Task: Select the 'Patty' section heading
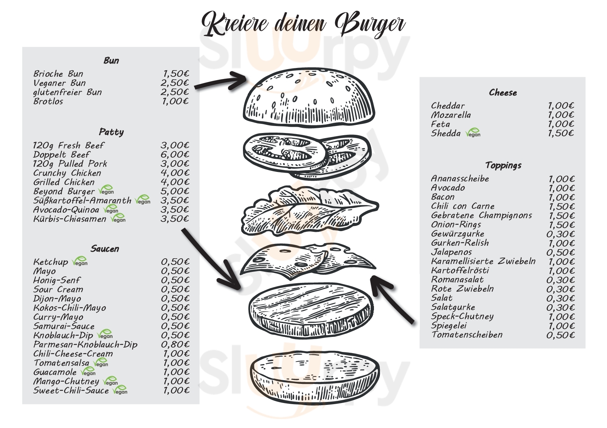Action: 111,132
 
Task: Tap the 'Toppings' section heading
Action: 503,165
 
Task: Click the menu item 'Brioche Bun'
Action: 58,74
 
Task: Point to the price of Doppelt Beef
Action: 175,155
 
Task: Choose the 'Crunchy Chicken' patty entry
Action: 67,173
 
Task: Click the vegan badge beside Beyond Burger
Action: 106,190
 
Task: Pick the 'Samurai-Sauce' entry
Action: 64,326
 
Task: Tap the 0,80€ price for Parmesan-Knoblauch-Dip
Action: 175,345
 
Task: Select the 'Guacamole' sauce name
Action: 55,372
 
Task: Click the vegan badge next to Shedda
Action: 473,133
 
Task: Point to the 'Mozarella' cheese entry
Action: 451,115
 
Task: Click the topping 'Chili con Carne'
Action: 463,206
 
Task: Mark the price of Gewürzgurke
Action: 560,234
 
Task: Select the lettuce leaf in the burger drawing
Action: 308,211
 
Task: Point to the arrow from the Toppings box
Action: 393,299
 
